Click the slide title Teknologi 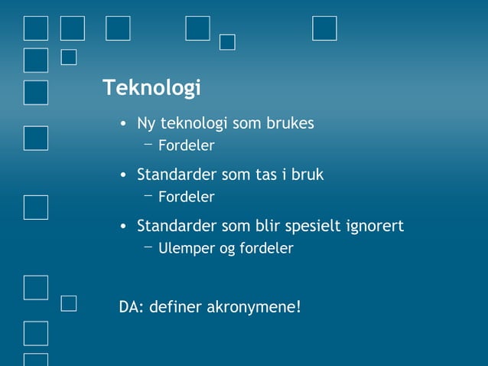click(151, 89)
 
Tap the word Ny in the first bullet click(145, 124)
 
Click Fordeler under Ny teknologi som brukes click(186, 145)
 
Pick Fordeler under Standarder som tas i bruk click(186, 198)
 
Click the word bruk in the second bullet click(307, 175)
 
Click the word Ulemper click(182, 249)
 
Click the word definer click(175, 308)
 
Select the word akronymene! click(254, 308)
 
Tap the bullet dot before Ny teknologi click(123, 125)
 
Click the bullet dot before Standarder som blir click(123, 227)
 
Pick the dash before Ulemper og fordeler click(148, 247)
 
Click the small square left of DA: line click(69, 304)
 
